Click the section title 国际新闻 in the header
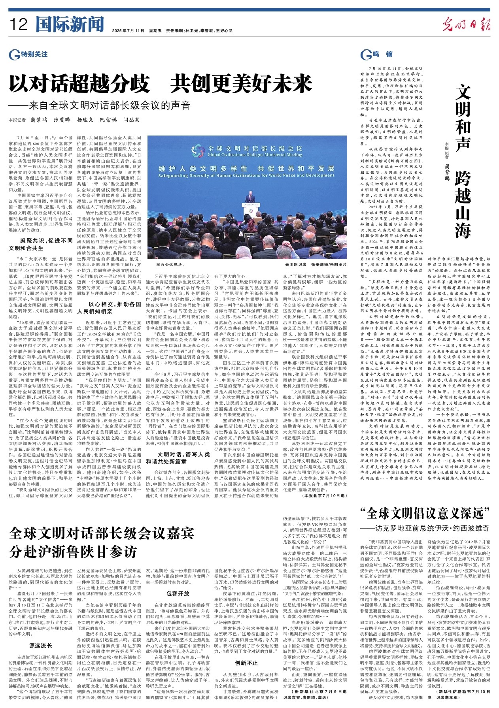click(70, 24)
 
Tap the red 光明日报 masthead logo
click(466, 25)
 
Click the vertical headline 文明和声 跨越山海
click(463, 162)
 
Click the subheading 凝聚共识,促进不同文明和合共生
click(41, 244)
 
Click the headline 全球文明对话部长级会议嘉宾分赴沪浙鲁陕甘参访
click(102, 542)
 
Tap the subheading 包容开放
click(178, 593)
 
